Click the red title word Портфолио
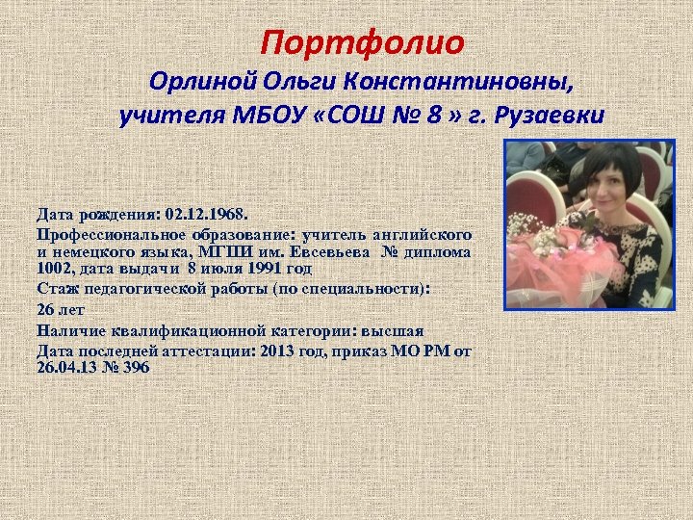coord(363,43)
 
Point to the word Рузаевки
coord(551,117)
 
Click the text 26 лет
coord(61,310)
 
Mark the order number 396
coord(137,368)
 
